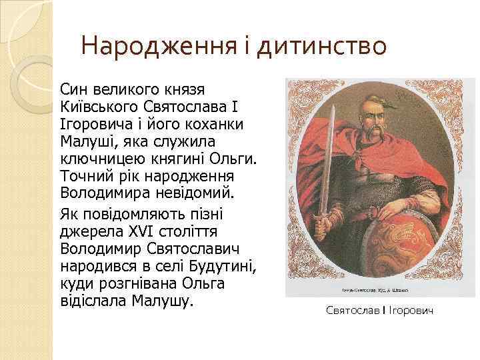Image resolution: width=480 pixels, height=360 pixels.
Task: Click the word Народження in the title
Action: [x=157, y=47]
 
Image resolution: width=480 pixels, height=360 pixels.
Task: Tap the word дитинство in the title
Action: [x=322, y=47]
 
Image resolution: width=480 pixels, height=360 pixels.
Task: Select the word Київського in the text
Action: [x=98, y=109]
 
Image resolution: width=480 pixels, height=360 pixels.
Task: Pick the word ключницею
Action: [x=99, y=161]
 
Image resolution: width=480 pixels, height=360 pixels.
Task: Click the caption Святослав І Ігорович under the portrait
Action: [x=380, y=311]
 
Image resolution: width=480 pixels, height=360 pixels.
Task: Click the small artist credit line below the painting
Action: [x=379, y=291]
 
